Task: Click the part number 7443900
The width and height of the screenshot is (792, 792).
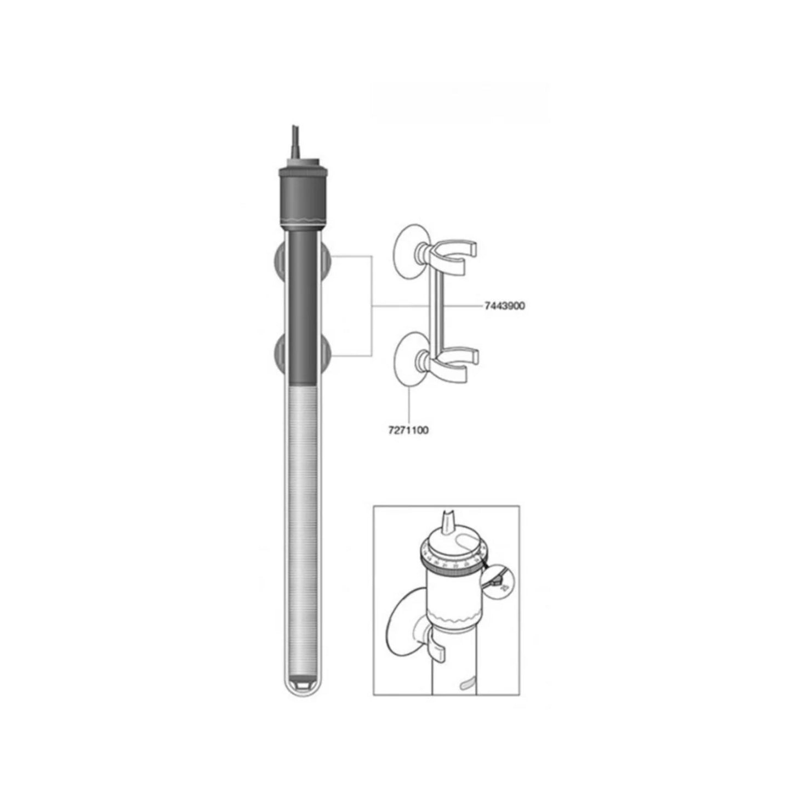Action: (504, 306)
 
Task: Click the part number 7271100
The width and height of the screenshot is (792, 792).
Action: (408, 430)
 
